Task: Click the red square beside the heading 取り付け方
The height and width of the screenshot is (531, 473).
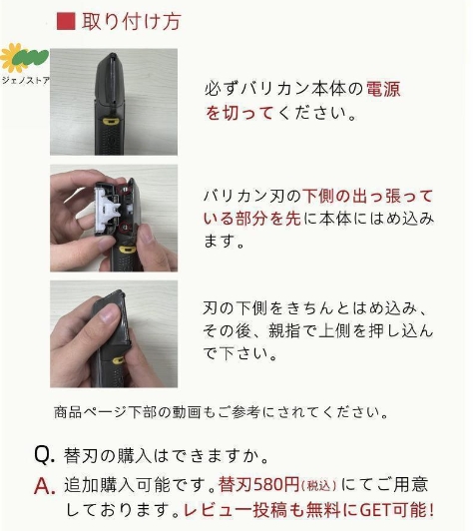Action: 66,21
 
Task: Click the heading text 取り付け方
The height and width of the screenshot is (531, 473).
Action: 132,21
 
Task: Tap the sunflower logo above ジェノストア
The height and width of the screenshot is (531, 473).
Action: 24,58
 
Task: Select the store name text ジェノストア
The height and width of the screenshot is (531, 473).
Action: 26,80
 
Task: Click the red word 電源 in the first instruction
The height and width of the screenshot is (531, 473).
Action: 383,89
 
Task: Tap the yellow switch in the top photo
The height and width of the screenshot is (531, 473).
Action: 111,121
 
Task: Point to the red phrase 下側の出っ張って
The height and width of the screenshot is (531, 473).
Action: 367,196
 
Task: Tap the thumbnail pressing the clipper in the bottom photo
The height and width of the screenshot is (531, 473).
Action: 110,312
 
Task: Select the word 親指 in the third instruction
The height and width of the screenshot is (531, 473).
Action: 284,330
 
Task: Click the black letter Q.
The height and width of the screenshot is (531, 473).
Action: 44,454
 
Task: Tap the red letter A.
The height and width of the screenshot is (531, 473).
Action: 44,486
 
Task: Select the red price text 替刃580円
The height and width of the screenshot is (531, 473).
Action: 258,484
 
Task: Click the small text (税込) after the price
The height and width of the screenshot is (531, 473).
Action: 318,486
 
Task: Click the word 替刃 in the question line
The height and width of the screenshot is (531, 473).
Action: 80,455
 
